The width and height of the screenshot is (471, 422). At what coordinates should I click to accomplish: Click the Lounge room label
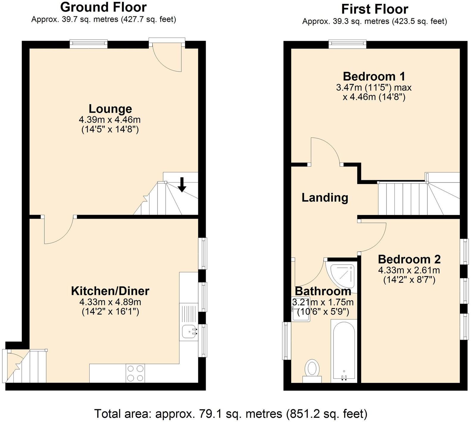[110, 109]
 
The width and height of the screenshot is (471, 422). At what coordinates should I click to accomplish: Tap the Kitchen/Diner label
[110, 291]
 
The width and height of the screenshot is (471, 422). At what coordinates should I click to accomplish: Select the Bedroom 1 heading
[374, 76]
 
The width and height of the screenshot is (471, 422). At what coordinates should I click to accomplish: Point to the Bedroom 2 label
[409, 259]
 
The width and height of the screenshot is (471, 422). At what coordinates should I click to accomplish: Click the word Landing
[325, 198]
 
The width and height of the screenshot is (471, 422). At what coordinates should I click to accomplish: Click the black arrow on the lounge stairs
[182, 184]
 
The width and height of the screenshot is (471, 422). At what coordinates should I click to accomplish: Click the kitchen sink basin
[188, 332]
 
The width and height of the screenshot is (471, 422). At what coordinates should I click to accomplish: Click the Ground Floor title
[103, 7]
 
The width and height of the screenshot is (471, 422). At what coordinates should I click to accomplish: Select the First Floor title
[375, 9]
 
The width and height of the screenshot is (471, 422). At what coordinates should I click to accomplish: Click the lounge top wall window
[88, 44]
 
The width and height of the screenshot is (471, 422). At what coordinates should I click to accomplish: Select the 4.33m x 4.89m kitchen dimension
[110, 302]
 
